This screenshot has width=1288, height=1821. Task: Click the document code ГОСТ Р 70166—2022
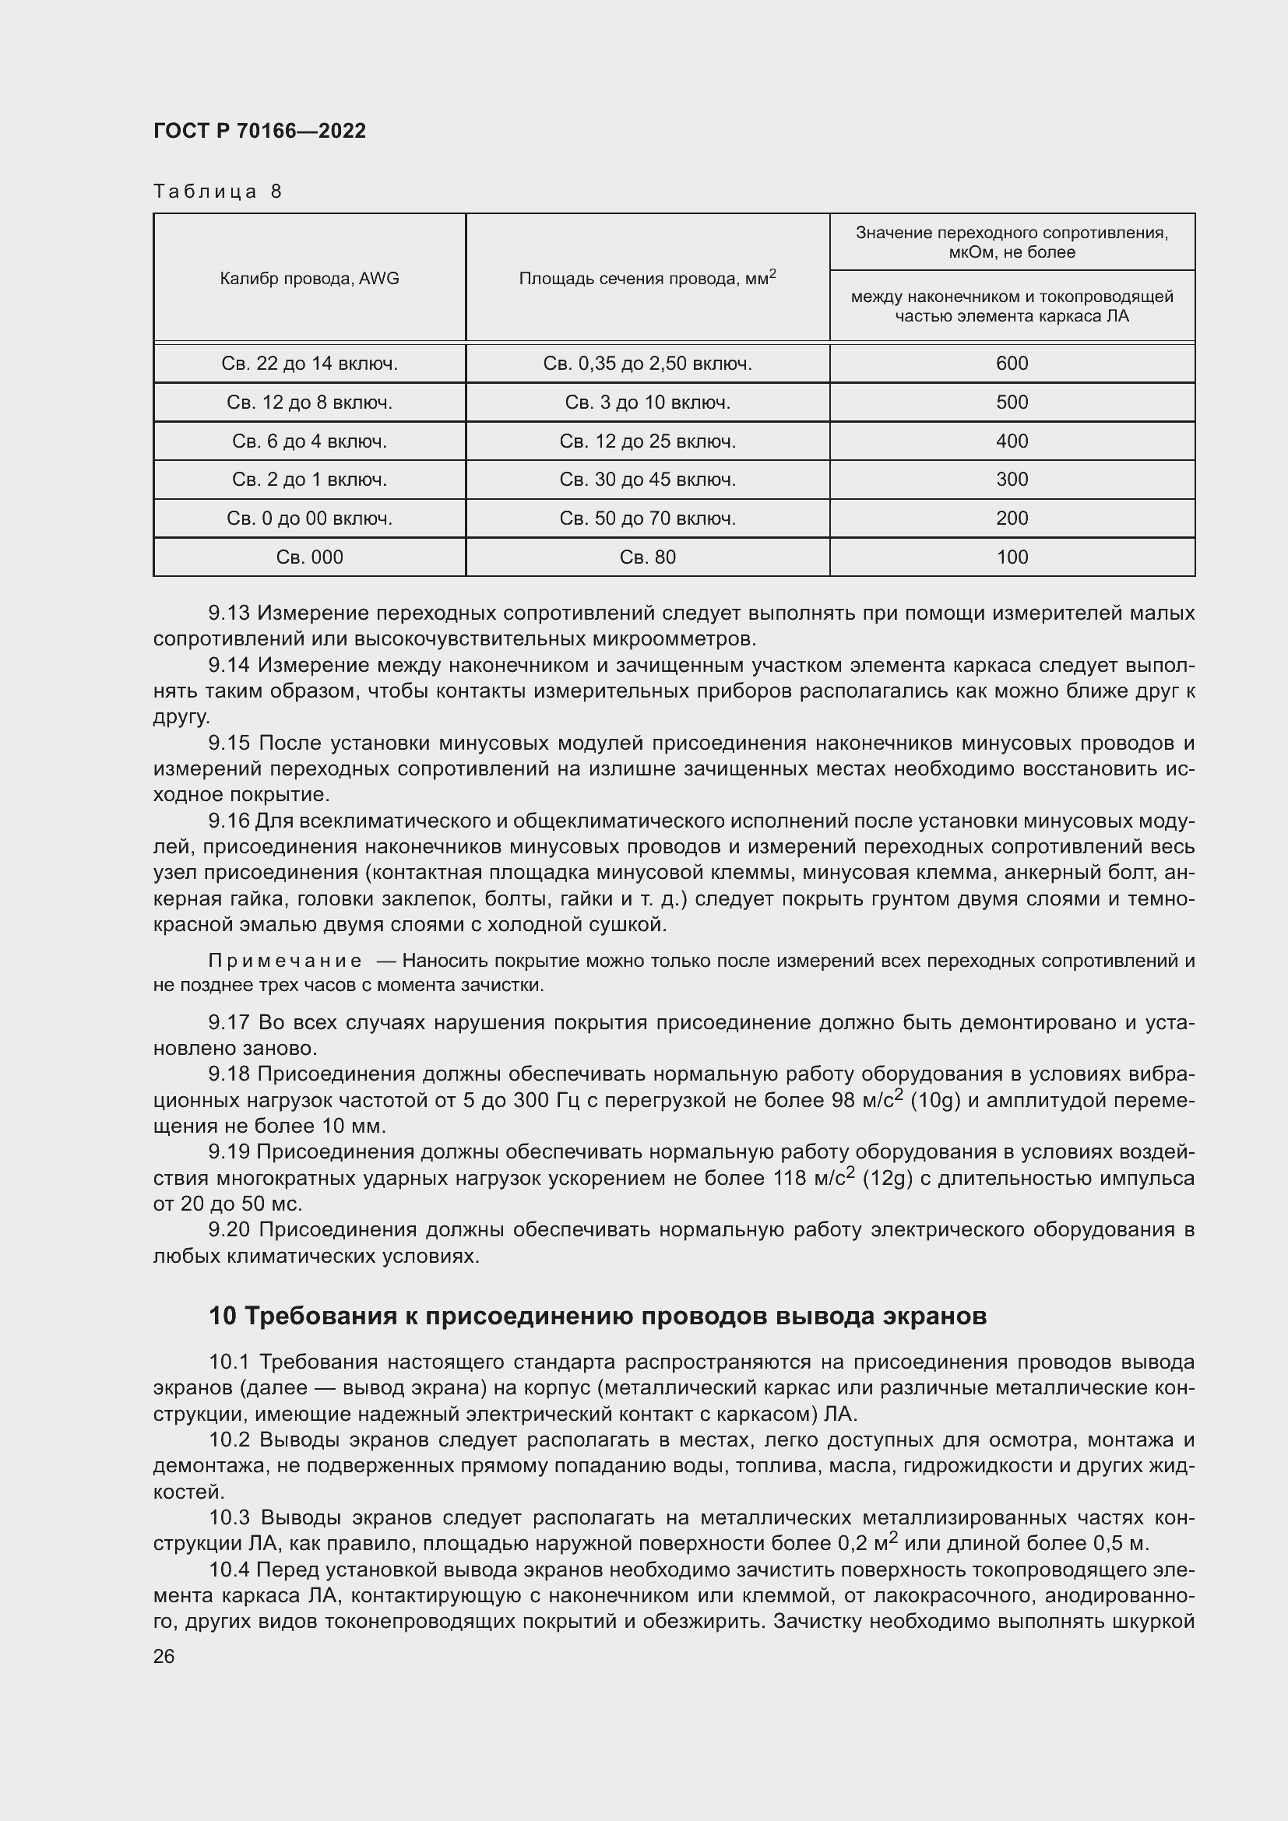click(x=259, y=132)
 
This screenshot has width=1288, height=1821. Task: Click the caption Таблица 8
click(x=217, y=192)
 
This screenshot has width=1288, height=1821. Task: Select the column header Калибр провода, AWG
click(x=309, y=279)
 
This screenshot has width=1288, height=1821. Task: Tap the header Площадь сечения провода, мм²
click(x=647, y=279)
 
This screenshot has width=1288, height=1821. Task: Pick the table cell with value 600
click(x=1012, y=364)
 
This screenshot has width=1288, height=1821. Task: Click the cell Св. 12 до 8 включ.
click(x=309, y=402)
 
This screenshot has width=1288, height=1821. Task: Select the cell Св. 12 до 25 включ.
click(x=647, y=441)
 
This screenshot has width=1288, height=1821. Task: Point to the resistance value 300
click(x=1012, y=479)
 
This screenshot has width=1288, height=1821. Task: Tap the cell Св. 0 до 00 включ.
click(x=309, y=518)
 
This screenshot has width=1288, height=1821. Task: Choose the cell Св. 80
click(x=647, y=557)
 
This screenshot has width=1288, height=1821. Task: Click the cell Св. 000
click(x=309, y=557)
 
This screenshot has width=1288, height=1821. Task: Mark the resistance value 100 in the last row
click(x=1012, y=557)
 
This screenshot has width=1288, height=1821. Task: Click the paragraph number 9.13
click(x=229, y=613)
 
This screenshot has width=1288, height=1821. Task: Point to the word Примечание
click(x=285, y=961)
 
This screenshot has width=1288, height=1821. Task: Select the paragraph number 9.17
click(x=229, y=1022)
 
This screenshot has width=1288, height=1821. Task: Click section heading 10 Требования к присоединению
click(x=597, y=1317)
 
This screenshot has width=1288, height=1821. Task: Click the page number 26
click(x=164, y=1657)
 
